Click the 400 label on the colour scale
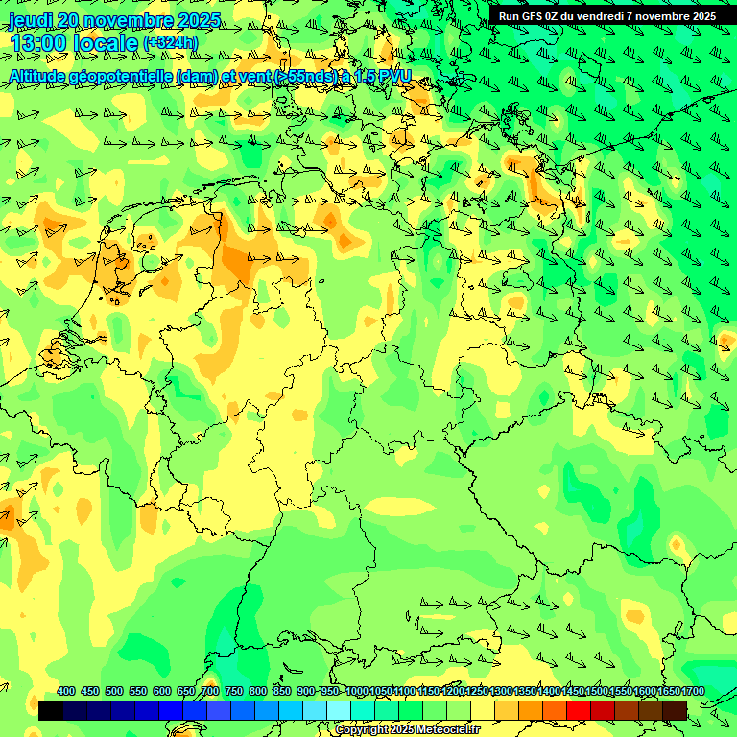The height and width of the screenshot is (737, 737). tap(66, 691)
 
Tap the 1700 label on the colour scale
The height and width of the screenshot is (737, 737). tap(694, 691)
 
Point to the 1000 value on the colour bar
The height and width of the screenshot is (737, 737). tap(356, 691)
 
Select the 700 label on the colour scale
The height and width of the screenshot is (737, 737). tap(210, 691)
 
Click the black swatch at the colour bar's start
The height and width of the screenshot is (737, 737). tap(51, 710)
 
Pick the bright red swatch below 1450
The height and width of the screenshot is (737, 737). tap(579, 710)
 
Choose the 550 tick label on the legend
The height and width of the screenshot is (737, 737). tap(138, 691)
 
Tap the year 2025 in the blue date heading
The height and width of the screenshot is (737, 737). tap(197, 20)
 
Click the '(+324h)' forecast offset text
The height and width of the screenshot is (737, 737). tap(170, 43)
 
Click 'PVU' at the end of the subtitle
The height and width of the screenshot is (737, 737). tap(392, 75)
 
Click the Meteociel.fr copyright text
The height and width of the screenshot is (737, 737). tap(408, 729)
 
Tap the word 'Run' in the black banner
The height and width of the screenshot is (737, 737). tap(509, 16)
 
